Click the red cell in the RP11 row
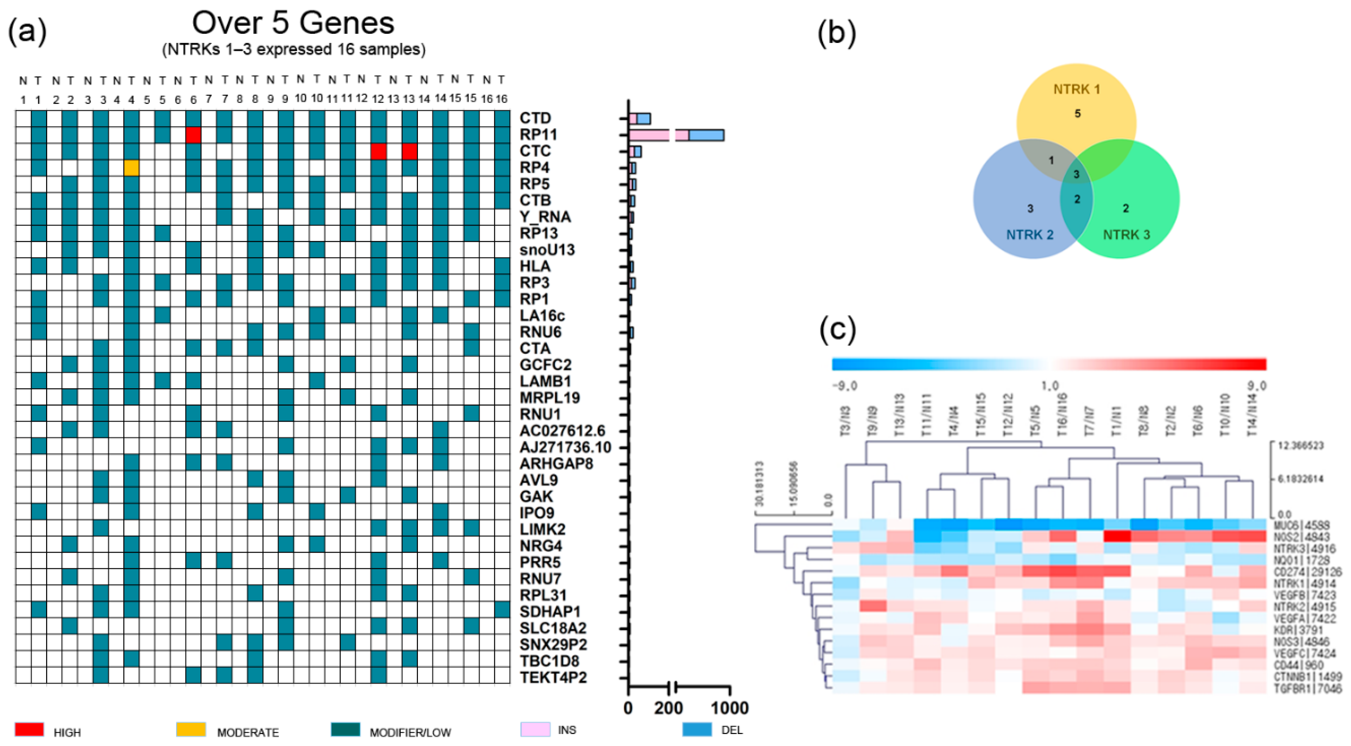(194, 135)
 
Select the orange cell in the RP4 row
(132, 168)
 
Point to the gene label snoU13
(547, 249)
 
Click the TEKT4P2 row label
(553, 677)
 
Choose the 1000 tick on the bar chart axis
(729, 708)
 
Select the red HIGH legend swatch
(29, 729)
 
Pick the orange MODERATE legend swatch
(191, 729)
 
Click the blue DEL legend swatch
(697, 729)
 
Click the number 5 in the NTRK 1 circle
(1077, 113)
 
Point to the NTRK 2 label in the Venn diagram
(1029, 234)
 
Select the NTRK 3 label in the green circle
(1126, 234)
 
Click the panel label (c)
(837, 329)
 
